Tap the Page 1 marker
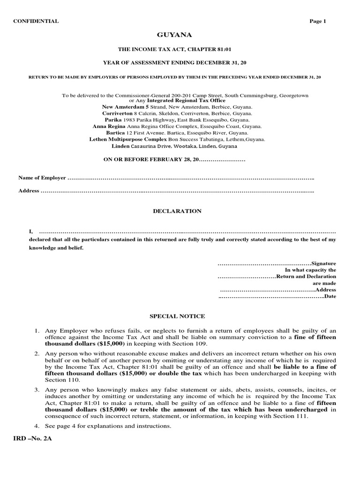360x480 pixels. coord(317,21)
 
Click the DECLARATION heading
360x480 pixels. coord(177,211)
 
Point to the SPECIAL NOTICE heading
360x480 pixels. coord(177,316)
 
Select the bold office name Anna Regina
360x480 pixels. coord(109,127)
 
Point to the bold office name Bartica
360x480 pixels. coord(112,133)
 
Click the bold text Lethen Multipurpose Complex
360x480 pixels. coord(128,139)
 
